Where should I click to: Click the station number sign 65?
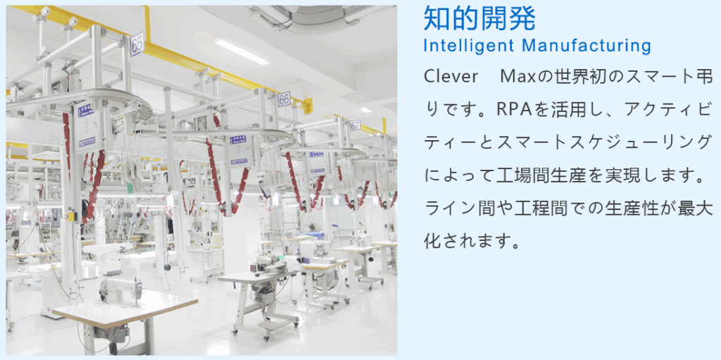tap(137, 44)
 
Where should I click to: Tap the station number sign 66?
tap(284, 99)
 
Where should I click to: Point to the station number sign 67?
tap(355, 125)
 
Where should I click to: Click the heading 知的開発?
tap(479, 19)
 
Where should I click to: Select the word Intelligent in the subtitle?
tap(468, 46)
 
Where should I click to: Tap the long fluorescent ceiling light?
tap(242, 51)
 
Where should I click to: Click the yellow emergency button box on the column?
tap(71, 216)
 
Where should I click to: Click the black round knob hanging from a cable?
tap(168, 266)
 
